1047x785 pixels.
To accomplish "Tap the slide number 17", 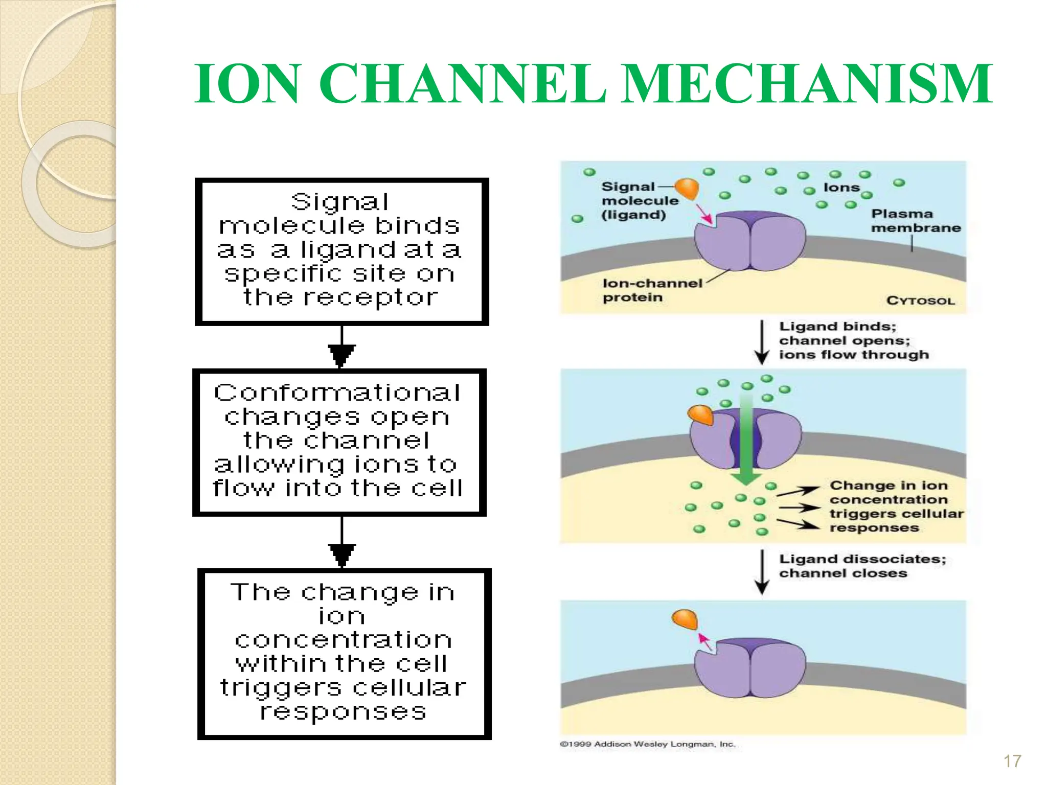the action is coord(1012,761).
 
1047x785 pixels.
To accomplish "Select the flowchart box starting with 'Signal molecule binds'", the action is coord(342,251).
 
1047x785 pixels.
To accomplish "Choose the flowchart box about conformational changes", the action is coord(339,442).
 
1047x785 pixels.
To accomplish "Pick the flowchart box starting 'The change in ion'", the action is coord(344,654).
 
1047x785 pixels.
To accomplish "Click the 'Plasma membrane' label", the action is coord(916,221).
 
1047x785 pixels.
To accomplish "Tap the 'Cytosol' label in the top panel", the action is coord(920,301).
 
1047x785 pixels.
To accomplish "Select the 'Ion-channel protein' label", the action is coord(652,290).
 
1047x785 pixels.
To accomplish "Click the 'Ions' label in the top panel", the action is coord(841,188).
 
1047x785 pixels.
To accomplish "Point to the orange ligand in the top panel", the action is coord(688,189).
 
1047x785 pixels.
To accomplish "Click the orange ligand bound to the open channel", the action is coord(701,414).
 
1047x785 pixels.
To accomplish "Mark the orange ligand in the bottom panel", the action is coord(685,619).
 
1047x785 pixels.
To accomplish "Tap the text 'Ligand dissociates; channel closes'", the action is coord(862,566).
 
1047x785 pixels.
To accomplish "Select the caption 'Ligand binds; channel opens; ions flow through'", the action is coord(854,340).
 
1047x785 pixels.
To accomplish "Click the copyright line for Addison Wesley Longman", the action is coord(647,744).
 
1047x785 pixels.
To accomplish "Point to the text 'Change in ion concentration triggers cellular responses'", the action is coord(896,506).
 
